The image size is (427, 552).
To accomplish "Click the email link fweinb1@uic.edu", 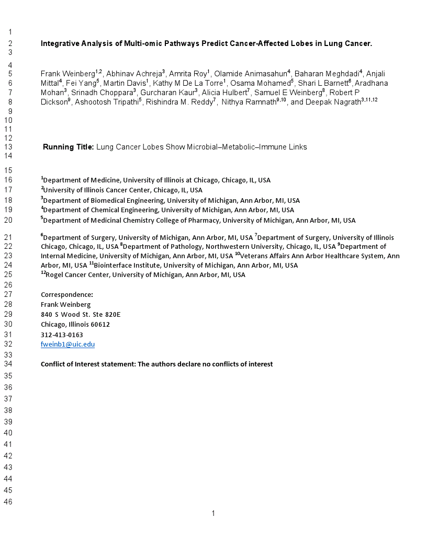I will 68,344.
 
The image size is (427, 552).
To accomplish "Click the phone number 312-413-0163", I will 62,335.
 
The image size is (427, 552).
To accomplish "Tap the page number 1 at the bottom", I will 213,513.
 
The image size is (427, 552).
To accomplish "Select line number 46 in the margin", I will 8,502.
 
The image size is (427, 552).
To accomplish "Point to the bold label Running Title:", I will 68,147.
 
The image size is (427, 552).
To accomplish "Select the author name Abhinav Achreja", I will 134,74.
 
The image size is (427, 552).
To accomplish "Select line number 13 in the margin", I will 8,147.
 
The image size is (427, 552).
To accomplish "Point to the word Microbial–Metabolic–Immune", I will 247,147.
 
